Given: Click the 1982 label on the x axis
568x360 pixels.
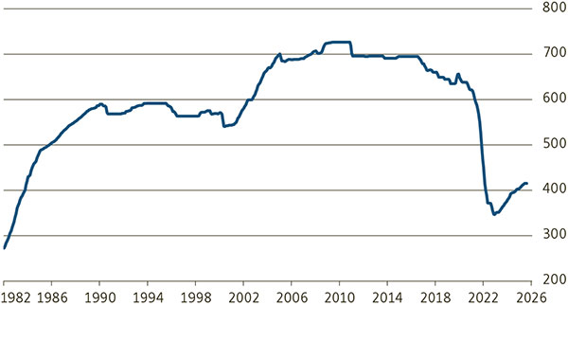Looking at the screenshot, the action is coord(16,298).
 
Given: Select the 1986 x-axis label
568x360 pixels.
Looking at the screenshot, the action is coord(52,298).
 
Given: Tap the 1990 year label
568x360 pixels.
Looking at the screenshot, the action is coord(99,298).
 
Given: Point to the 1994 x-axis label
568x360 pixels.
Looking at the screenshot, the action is coord(148,298).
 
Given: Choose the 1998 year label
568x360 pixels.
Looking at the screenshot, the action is coord(196,298).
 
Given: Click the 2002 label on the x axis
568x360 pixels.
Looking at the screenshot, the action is coord(243,298).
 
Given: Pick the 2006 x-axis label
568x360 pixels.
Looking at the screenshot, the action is coord(292,298).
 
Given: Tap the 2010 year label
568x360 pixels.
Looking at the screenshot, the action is coord(340,298).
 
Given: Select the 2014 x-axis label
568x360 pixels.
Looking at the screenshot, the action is coord(387,298).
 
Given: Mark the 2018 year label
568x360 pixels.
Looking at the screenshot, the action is coord(435,298).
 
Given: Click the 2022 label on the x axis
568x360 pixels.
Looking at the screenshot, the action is coord(483,298).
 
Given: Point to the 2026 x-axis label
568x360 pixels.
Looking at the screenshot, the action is coord(531,298).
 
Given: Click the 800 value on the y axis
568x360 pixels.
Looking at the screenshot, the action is coord(554,8).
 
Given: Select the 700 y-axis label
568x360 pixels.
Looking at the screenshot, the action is coord(554,53).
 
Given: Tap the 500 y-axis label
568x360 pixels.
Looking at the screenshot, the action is coord(554,144).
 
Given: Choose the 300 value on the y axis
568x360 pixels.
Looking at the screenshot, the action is coord(554,234).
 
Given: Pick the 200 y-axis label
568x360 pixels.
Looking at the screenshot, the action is coord(554,279).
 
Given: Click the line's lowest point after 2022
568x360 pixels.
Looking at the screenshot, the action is coord(494,215).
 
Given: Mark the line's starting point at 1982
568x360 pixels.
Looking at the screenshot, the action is coord(5,248).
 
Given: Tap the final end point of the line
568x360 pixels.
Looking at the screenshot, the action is coord(526,184).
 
